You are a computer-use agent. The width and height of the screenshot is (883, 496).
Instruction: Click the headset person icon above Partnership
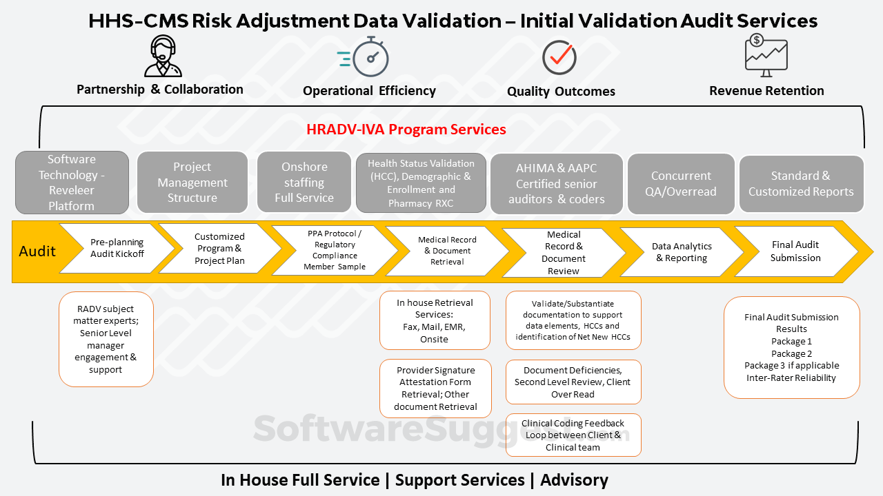click(163, 56)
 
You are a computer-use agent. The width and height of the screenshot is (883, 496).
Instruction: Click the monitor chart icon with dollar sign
click(766, 56)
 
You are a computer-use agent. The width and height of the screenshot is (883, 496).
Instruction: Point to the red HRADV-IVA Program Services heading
click(406, 130)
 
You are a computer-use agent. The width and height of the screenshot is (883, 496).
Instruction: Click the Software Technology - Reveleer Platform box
click(72, 183)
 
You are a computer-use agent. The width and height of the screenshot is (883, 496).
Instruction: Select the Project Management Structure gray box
click(192, 183)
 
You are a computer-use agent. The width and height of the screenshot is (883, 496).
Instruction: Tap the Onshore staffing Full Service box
click(304, 183)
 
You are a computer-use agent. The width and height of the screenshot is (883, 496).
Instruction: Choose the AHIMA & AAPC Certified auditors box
click(557, 183)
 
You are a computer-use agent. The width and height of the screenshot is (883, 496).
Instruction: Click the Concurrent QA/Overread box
click(681, 184)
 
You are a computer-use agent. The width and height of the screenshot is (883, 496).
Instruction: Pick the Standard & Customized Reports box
click(801, 184)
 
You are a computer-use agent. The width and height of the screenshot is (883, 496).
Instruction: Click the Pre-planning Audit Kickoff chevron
click(117, 248)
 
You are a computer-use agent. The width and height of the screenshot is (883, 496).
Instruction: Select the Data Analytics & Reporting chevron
click(682, 252)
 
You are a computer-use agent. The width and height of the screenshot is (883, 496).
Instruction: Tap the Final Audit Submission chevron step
click(795, 251)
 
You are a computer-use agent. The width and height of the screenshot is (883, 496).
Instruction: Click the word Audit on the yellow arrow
click(37, 251)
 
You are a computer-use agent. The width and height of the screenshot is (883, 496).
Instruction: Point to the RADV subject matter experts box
click(106, 339)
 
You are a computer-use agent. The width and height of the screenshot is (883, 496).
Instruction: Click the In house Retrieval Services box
click(435, 320)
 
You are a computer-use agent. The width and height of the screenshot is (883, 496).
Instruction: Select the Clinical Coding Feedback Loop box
click(573, 435)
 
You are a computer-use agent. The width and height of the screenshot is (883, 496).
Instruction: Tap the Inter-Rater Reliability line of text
click(791, 378)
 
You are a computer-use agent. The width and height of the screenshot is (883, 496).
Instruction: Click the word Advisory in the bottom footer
click(574, 480)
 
